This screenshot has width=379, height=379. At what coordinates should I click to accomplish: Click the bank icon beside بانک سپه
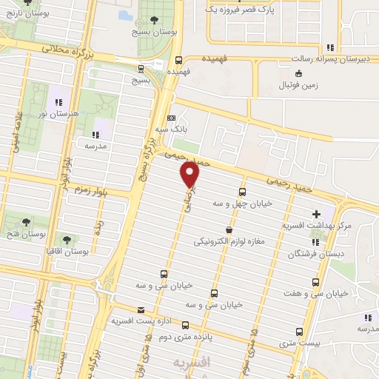pyautogui.click(x=172, y=118)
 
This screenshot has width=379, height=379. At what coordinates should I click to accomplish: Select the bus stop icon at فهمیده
pyautogui.click(x=178, y=61)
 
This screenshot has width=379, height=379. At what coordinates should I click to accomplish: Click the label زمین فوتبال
pyautogui.click(x=298, y=85)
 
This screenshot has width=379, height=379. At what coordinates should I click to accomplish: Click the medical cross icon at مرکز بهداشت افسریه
pyautogui.click(x=318, y=214)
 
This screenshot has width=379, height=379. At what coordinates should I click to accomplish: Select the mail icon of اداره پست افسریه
pyautogui.click(x=141, y=310)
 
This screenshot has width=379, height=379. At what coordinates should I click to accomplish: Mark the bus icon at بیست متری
pyautogui.click(x=299, y=332)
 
